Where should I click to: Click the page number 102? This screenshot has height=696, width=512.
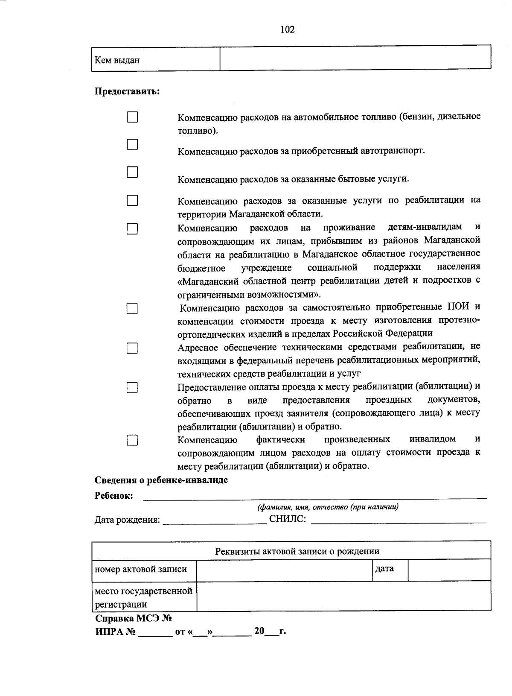pyautogui.click(x=287, y=29)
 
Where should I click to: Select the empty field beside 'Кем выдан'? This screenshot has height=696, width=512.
pyautogui.click(x=355, y=58)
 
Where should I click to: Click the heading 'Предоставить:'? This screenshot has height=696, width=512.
pyautogui.click(x=127, y=91)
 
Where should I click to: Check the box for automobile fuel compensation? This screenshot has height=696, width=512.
pyautogui.click(x=132, y=117)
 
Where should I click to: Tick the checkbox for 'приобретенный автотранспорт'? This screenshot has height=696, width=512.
pyautogui.click(x=132, y=144)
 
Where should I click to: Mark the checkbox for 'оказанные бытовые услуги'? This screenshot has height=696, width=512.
pyautogui.click(x=132, y=172)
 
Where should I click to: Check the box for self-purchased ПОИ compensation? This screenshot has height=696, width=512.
pyautogui.click(x=132, y=309)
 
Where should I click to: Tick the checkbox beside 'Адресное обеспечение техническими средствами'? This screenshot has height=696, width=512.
pyautogui.click(x=132, y=348)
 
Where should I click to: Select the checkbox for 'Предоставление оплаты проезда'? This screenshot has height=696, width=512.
pyautogui.click(x=132, y=388)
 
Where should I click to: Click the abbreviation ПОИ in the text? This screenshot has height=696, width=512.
pyautogui.click(x=458, y=307)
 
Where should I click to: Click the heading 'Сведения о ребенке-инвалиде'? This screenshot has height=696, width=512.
pyautogui.click(x=161, y=480)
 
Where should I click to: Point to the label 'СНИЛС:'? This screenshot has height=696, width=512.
pyautogui.click(x=288, y=520)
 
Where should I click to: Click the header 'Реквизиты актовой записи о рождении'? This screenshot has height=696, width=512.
pyautogui.click(x=297, y=551)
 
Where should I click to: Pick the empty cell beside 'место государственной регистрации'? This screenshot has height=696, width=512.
pyautogui.click(x=343, y=596)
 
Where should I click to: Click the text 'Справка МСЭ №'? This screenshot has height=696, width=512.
pyautogui.click(x=133, y=619)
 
